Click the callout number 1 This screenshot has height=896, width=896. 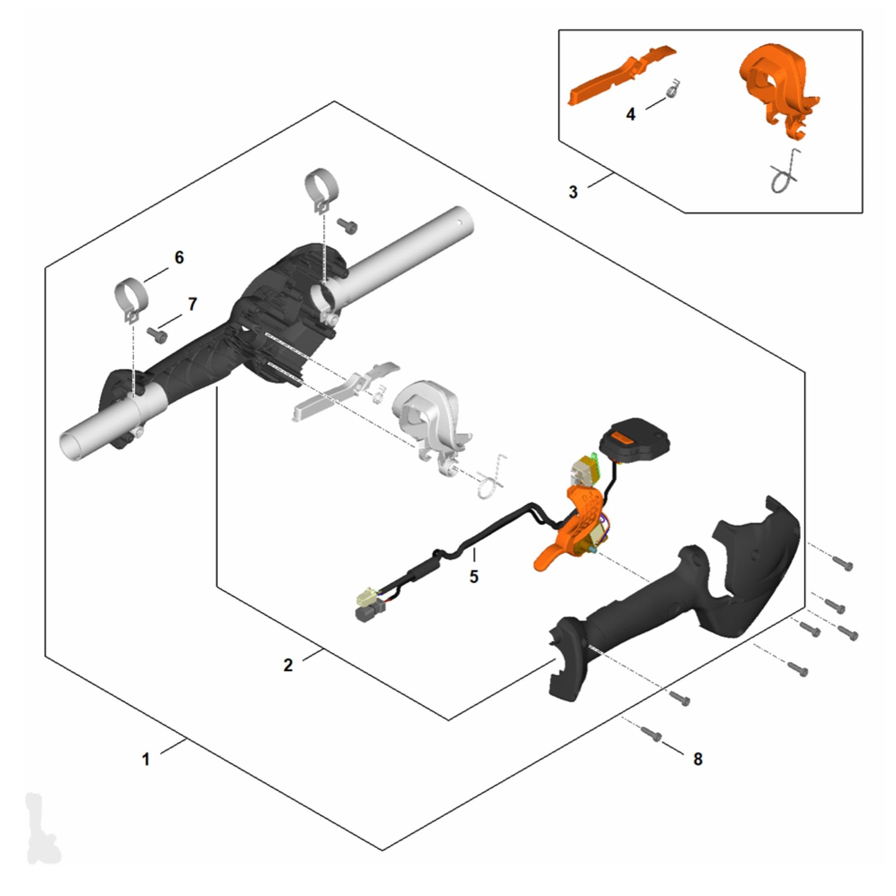pyautogui.click(x=146, y=760)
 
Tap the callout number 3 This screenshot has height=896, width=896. pyautogui.click(x=573, y=192)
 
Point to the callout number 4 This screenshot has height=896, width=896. pyautogui.click(x=631, y=114)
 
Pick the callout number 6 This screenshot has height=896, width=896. pyautogui.click(x=179, y=258)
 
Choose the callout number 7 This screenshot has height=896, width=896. pyautogui.click(x=192, y=304)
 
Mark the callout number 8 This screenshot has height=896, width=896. pyautogui.click(x=698, y=759)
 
